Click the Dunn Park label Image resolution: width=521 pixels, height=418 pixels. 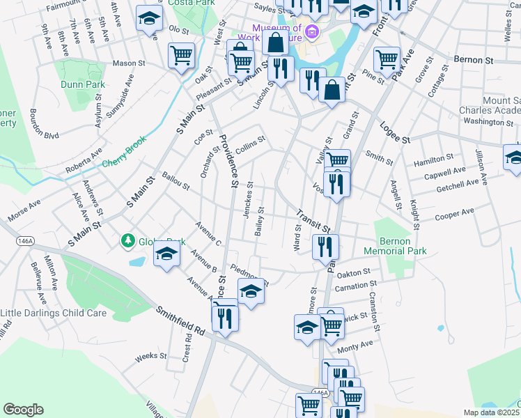point(83,84)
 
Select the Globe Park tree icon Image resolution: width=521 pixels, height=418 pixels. point(127,241)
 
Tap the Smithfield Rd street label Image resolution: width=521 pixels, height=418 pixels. point(180,321)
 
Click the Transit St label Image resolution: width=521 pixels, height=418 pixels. point(312,221)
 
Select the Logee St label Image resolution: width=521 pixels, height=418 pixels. point(394,132)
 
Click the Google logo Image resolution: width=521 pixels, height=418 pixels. point(23,410)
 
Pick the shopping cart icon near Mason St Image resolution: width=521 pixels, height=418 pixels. point(181,54)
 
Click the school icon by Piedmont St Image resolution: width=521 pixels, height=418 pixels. point(251,292)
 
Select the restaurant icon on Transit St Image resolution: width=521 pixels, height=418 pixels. point(325,246)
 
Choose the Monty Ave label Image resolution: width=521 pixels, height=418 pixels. point(355,343)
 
